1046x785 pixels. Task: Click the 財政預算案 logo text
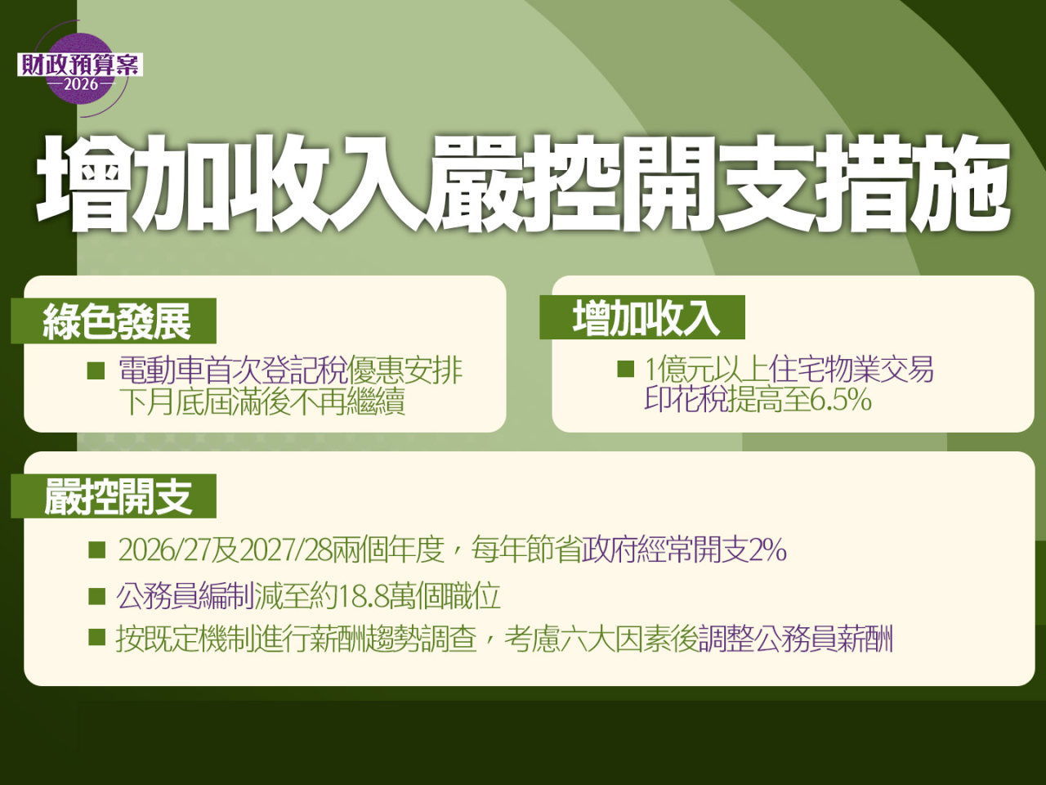click(80, 65)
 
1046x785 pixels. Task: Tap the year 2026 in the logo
click(80, 84)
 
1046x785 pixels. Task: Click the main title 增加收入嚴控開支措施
click(523, 183)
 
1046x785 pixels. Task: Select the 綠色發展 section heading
click(117, 321)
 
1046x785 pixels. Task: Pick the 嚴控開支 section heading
click(118, 496)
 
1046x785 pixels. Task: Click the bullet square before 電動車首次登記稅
click(96, 370)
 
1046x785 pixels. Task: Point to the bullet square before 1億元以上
click(625, 369)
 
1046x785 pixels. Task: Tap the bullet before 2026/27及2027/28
click(96, 549)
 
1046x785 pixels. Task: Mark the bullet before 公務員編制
click(96, 595)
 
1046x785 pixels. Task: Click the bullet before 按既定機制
click(96, 637)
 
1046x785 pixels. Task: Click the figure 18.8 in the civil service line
click(363, 596)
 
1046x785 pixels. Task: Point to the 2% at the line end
click(767, 549)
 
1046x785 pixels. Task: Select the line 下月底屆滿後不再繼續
click(261, 401)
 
